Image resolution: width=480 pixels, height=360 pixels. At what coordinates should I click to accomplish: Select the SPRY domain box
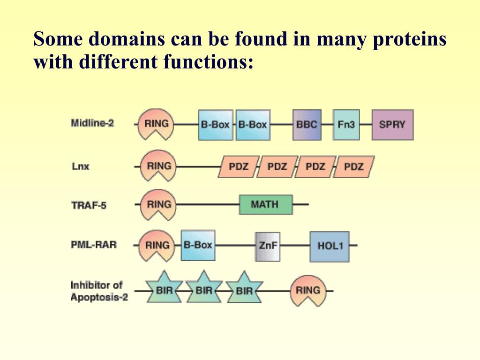[392, 125]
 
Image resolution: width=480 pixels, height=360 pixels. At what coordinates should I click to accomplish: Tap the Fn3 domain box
[346, 125]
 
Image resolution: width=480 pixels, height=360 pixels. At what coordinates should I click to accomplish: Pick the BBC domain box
[307, 125]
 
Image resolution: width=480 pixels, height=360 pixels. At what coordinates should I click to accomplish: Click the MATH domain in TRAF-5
[265, 204]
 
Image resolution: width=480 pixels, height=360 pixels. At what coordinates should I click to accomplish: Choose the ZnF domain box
[268, 246]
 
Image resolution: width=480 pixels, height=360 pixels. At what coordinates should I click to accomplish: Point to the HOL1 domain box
[330, 246]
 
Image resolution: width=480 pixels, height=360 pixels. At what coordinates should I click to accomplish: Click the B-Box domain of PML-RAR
[198, 245]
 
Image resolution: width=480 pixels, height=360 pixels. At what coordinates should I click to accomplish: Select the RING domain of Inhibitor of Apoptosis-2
[307, 290]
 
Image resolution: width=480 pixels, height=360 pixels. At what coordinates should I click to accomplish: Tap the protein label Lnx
[80, 166]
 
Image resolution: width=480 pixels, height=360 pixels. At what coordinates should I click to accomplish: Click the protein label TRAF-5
[89, 205]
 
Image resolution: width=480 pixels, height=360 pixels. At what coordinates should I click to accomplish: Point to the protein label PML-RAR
[94, 244]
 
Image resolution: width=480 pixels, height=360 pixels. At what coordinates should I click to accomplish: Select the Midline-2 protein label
[92, 123]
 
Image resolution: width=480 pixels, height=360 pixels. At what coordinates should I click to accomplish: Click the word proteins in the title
[409, 39]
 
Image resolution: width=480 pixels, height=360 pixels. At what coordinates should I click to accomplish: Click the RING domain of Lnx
[159, 165]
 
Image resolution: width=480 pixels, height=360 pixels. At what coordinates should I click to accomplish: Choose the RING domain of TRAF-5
[159, 204]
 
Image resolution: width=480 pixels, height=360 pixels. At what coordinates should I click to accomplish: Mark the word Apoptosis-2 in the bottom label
[99, 297]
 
